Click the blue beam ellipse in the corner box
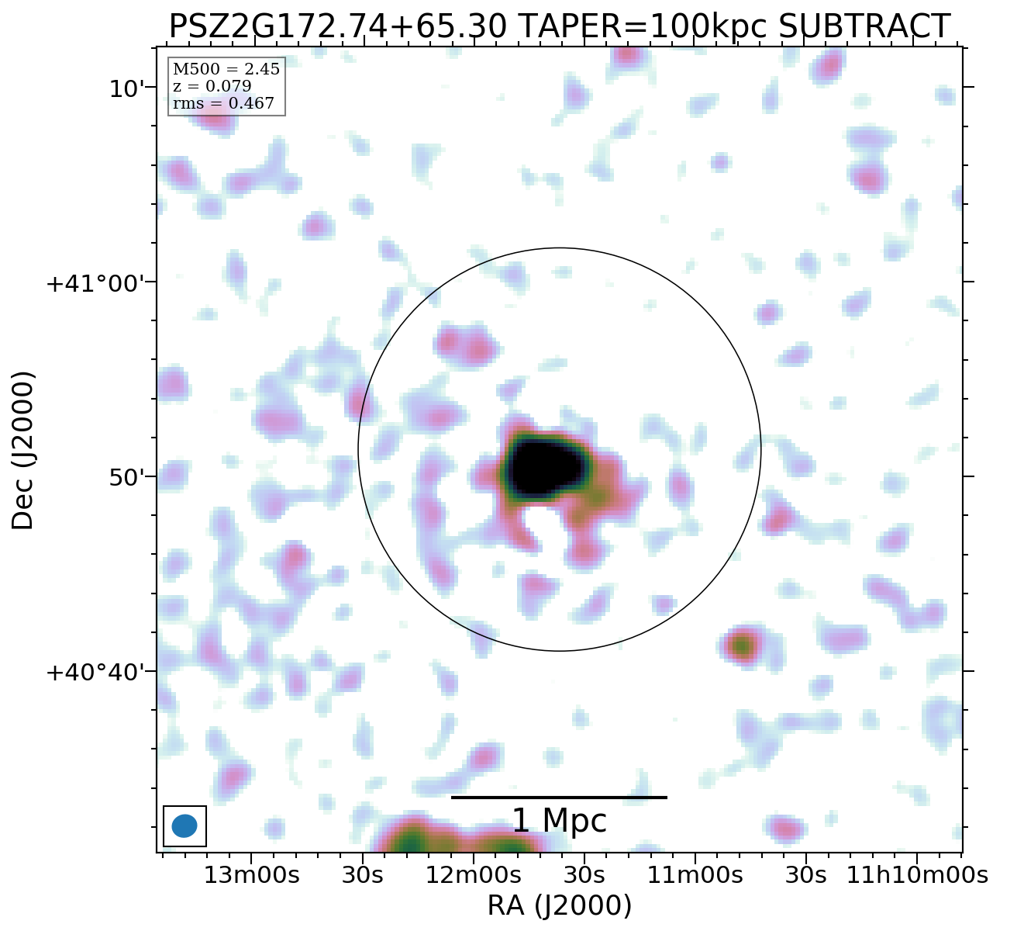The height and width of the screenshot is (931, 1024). click(x=184, y=825)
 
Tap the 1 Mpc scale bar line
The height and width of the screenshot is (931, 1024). click(x=559, y=797)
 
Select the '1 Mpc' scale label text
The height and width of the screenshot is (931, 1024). click(x=559, y=821)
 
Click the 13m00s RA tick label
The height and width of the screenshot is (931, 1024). click(x=251, y=876)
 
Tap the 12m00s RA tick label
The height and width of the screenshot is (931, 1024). click(x=473, y=876)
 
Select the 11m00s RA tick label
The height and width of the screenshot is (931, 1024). click(x=695, y=876)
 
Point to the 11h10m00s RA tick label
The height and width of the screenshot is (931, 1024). click(x=916, y=876)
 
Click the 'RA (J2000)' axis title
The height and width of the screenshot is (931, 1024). click(x=559, y=905)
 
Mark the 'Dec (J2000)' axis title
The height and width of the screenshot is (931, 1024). click(x=23, y=450)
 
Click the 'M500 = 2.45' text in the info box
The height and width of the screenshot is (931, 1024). click(x=226, y=70)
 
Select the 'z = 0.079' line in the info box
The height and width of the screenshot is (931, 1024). click(x=212, y=86)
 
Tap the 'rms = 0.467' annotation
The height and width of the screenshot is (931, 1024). click(x=223, y=103)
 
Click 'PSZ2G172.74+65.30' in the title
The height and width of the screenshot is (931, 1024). click(x=338, y=27)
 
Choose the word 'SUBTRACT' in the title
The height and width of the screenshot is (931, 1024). click(x=864, y=27)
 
